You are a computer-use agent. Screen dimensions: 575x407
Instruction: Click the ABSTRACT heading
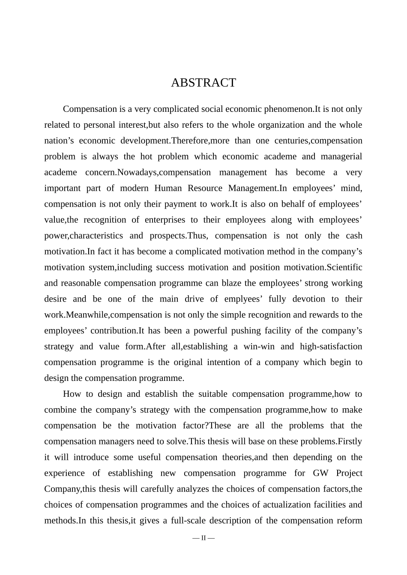(x=203, y=83)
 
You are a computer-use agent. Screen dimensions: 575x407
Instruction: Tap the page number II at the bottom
(x=203, y=538)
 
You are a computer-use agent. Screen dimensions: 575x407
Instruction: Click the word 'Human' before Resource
(x=167, y=189)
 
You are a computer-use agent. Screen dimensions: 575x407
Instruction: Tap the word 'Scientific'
(x=344, y=268)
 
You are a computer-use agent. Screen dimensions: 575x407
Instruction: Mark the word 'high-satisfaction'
(x=331, y=347)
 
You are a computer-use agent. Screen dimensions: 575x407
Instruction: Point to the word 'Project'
(x=349, y=473)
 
